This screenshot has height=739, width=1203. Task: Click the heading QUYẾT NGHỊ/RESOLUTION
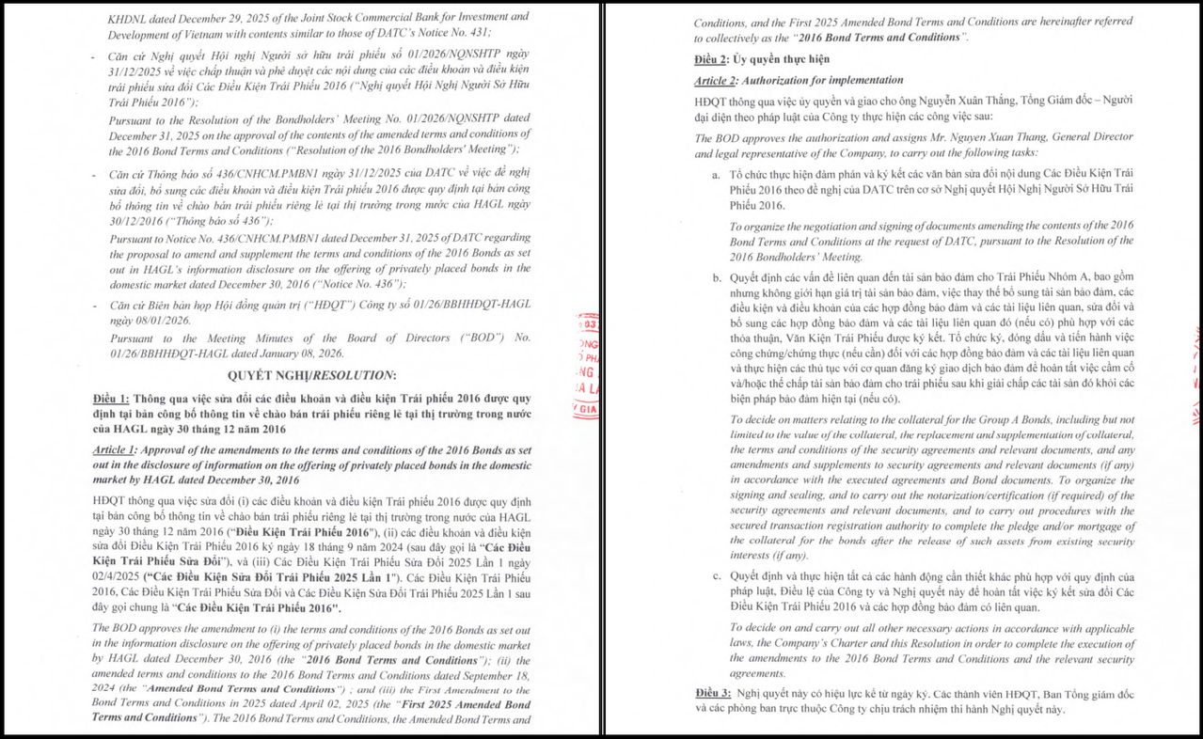pos(311,375)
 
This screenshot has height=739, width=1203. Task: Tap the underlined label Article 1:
pos(115,450)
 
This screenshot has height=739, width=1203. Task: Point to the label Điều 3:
pos(712,693)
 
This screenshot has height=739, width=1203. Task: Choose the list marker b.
pos(717,277)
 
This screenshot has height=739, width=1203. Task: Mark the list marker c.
pos(717,576)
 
